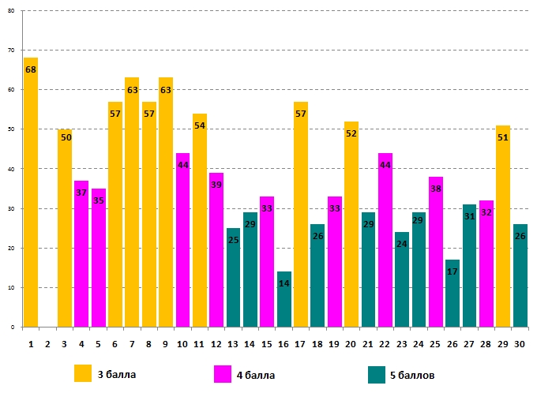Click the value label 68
click(31, 69)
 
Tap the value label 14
click(284, 283)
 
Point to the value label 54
click(199, 125)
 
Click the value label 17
click(453, 271)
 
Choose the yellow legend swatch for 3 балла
click(83, 373)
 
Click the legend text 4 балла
click(256, 374)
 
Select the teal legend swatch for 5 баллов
click(377, 374)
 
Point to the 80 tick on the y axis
click(12, 11)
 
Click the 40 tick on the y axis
click(12, 169)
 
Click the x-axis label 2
click(47, 343)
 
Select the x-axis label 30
click(520, 343)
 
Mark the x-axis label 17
click(300, 343)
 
